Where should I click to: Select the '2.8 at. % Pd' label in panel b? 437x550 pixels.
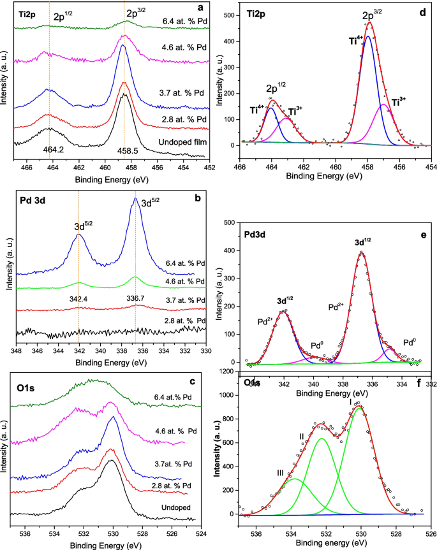[x=180, y=320]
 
